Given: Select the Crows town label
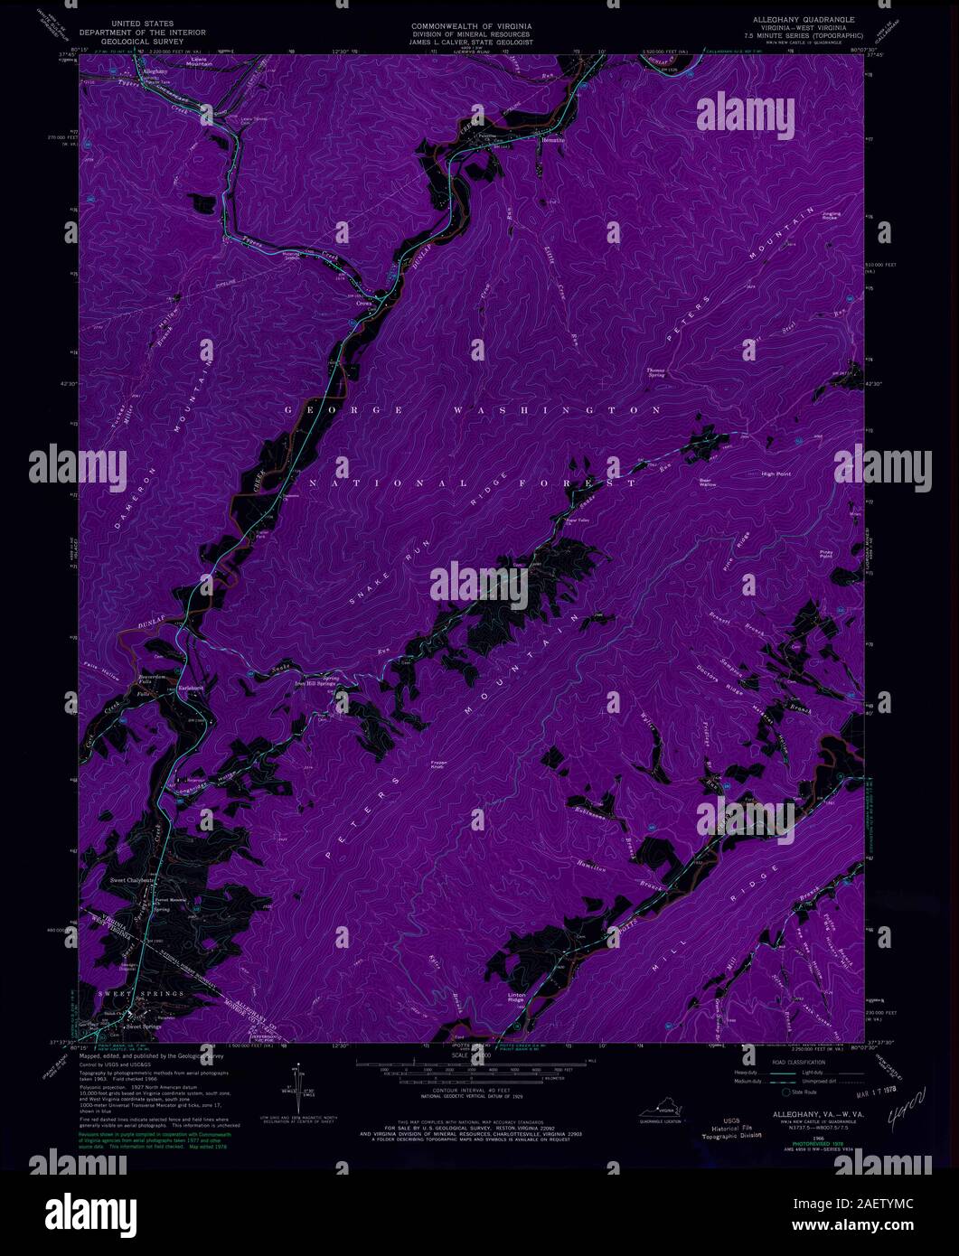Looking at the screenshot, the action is pos(364,304).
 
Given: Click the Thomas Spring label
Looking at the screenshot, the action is pos(655,372).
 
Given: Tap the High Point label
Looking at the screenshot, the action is pos(776,473).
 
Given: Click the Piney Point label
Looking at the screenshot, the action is pos(825,555).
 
